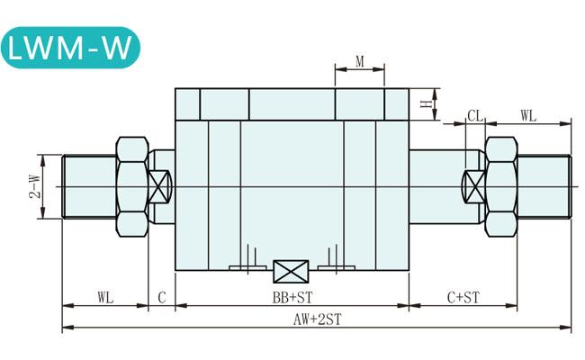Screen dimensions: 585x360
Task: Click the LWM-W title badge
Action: [x=70, y=48]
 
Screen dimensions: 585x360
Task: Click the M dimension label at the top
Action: [x=360, y=61]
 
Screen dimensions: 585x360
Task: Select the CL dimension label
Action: [x=475, y=116]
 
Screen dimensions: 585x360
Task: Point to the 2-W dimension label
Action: [x=35, y=186]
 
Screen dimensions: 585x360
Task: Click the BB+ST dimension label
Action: [x=292, y=297]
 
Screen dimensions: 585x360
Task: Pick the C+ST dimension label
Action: [x=463, y=297]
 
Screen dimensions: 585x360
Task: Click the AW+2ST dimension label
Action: [x=317, y=319]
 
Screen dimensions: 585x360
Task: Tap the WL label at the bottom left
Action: [x=105, y=298]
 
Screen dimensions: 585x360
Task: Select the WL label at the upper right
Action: [x=528, y=116]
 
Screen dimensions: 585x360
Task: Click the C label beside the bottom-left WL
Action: [x=161, y=298]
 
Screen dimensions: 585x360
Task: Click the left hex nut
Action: [x=132, y=186]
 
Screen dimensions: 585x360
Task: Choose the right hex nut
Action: [x=501, y=186]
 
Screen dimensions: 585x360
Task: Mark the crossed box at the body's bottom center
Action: [x=291, y=271]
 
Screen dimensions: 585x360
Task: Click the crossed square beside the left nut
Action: [x=158, y=186]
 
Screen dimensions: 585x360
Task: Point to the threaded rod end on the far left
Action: [x=89, y=186]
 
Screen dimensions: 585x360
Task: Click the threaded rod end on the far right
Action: [x=544, y=186]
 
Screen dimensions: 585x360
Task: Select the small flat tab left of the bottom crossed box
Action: [x=248, y=268]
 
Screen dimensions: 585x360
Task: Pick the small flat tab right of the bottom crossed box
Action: [x=336, y=268]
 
